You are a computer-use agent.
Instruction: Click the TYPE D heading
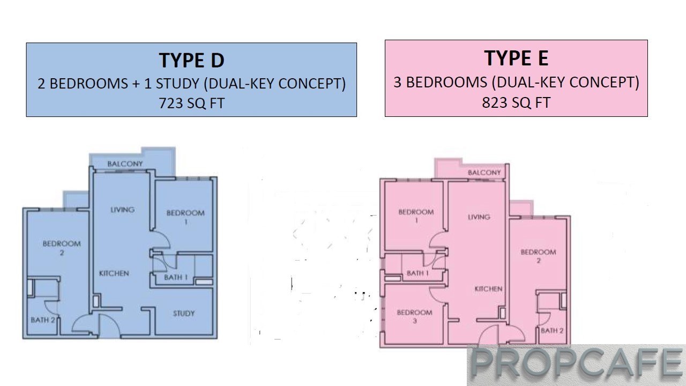click(x=191, y=61)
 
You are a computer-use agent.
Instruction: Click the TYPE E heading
click(x=516, y=58)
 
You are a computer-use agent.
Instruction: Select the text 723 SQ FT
click(x=192, y=103)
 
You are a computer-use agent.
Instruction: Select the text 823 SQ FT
click(x=516, y=102)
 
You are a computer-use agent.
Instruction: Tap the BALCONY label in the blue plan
click(x=125, y=164)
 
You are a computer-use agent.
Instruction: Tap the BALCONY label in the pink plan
click(x=484, y=173)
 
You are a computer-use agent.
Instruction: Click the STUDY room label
click(x=184, y=314)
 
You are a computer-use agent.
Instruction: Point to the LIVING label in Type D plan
click(x=123, y=210)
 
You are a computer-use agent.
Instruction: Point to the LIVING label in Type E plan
click(x=479, y=217)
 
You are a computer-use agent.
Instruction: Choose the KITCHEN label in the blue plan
click(x=114, y=273)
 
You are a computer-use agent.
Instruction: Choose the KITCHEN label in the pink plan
click(x=488, y=288)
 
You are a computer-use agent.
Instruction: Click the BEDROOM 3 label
click(x=415, y=316)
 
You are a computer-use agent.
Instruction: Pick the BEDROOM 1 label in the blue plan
click(x=185, y=217)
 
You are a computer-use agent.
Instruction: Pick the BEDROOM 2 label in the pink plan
click(x=539, y=256)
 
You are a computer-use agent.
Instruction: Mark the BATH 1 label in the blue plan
click(x=176, y=278)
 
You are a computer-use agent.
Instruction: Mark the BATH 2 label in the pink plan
click(x=552, y=331)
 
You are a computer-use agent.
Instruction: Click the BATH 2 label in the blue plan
click(x=43, y=320)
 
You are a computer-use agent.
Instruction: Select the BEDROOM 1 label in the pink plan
click(x=416, y=216)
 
